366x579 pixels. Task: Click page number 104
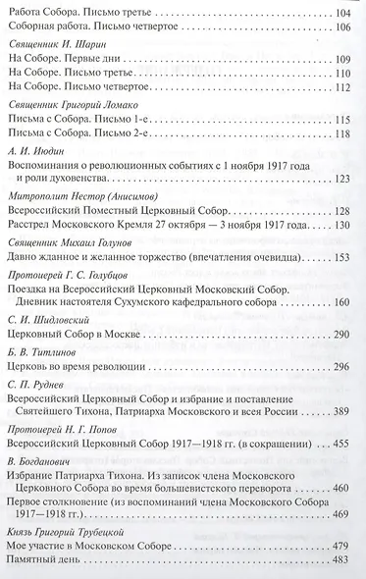coord(347,11)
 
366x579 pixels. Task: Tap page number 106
coord(347,26)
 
